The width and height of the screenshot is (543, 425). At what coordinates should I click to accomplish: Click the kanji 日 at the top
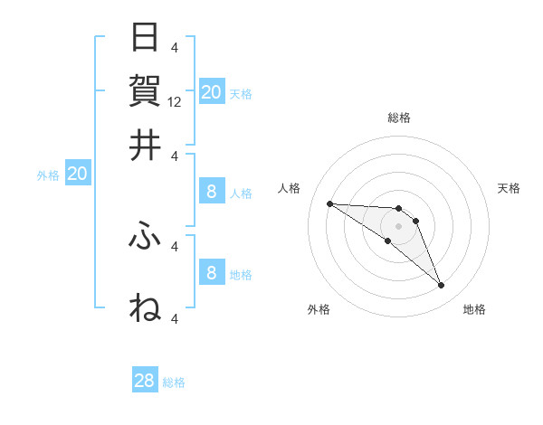[x=145, y=38]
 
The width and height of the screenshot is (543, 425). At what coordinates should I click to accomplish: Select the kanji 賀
[x=145, y=90]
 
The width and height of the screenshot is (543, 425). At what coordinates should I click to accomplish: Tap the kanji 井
[x=145, y=145]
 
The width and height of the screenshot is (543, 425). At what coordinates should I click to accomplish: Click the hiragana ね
[x=145, y=307]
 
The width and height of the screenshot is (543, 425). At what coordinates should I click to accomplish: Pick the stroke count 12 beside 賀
[x=175, y=102]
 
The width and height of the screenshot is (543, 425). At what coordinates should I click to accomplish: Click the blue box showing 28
[x=145, y=382]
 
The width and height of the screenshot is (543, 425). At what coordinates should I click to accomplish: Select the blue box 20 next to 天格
[x=211, y=92]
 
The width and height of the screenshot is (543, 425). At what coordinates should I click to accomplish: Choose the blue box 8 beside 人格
[x=211, y=191]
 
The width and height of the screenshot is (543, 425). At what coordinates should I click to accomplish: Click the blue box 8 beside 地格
[x=211, y=272]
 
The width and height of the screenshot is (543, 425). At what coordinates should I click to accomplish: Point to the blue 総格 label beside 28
[x=174, y=382]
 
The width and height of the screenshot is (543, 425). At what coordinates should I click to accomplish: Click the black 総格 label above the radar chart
[x=399, y=118]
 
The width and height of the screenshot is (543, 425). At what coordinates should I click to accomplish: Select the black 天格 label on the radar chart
[x=509, y=188]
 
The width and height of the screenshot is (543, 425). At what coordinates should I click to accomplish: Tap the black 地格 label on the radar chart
[x=474, y=310]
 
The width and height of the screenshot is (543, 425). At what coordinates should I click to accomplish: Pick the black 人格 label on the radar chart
[x=290, y=188]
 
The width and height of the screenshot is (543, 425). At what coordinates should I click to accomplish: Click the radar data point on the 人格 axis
[x=329, y=203]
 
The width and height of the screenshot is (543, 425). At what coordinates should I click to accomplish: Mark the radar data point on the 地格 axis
[x=441, y=286]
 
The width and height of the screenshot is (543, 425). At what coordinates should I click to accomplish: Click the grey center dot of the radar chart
[x=398, y=225]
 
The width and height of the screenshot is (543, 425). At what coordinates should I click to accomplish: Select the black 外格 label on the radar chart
[x=319, y=310]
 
